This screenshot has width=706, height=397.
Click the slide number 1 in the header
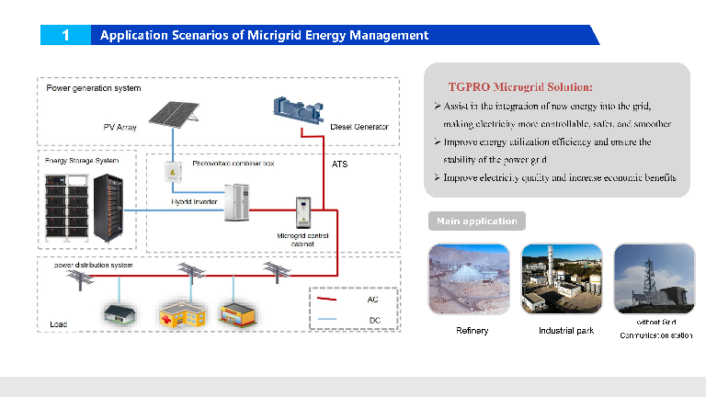(65, 35)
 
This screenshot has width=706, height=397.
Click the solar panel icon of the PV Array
(176, 113)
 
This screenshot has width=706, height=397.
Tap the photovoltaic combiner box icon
(172, 171)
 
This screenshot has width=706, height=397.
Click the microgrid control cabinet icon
(302, 212)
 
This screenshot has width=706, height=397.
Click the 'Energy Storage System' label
(82, 161)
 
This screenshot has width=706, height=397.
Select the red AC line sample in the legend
(328, 300)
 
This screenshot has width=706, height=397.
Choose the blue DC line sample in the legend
(328, 320)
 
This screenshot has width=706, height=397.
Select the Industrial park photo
(562, 279)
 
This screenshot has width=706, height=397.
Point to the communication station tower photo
(654, 279)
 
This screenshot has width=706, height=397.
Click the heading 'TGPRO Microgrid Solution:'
(520, 86)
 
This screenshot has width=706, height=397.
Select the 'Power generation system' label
(94, 88)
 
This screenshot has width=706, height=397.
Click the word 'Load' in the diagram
(58, 324)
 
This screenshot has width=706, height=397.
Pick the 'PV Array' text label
(120, 127)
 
